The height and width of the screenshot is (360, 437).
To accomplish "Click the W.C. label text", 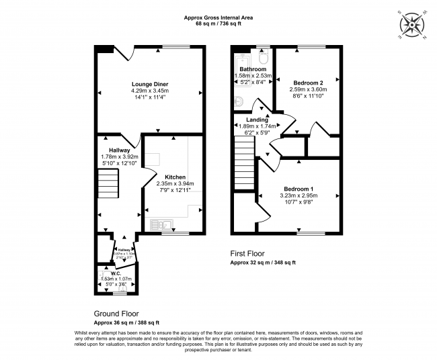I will click(x=116, y=273).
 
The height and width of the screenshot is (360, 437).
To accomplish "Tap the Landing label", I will click(x=257, y=120).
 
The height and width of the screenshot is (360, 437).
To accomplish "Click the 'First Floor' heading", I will click(x=249, y=255).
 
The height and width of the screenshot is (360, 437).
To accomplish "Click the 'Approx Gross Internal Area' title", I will click(x=218, y=17).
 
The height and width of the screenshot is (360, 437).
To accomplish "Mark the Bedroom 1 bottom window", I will click(x=311, y=232).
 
